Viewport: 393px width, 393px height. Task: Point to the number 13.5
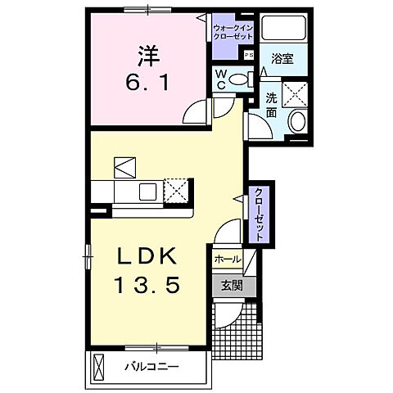[147, 286]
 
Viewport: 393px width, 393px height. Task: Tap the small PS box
[249, 54]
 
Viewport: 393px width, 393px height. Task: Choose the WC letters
[220, 79]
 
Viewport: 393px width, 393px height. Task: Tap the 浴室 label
[282, 59]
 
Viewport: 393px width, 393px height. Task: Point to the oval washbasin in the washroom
[297, 124]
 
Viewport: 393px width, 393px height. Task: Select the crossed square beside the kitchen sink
[176, 191]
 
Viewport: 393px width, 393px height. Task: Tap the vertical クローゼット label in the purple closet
[259, 212]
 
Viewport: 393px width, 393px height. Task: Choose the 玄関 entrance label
[227, 286]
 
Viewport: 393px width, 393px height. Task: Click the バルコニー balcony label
[151, 365]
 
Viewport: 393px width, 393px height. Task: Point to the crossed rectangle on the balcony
[100, 365]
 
